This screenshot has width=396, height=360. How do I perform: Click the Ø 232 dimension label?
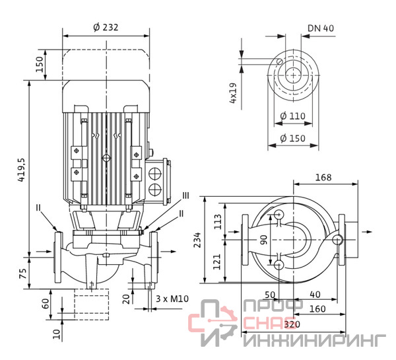click(x=106, y=27)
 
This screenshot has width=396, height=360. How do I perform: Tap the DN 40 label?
click(x=321, y=28)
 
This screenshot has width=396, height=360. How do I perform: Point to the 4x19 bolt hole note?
click(x=233, y=92)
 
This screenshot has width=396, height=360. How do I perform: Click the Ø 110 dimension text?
click(x=292, y=116)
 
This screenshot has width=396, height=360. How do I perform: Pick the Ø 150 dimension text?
click(x=292, y=138)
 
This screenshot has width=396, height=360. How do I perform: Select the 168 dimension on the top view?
click(x=323, y=178)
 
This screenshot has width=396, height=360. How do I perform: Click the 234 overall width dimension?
click(x=197, y=240)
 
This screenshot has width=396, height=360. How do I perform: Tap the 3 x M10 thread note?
click(x=172, y=299)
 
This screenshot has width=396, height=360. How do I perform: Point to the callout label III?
click(x=185, y=196)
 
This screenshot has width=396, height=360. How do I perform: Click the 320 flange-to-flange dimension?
click(x=292, y=324)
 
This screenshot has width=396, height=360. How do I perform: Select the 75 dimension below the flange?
click(x=22, y=273)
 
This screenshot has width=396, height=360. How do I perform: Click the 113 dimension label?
click(x=218, y=221)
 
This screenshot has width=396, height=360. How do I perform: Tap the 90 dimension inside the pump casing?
click(x=263, y=240)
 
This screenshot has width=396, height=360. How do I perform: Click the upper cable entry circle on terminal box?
click(x=155, y=174)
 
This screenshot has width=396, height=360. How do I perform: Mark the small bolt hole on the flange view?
click(x=280, y=61)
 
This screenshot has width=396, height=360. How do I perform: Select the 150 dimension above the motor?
click(x=40, y=64)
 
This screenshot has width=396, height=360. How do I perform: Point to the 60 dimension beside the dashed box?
click(x=45, y=304)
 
